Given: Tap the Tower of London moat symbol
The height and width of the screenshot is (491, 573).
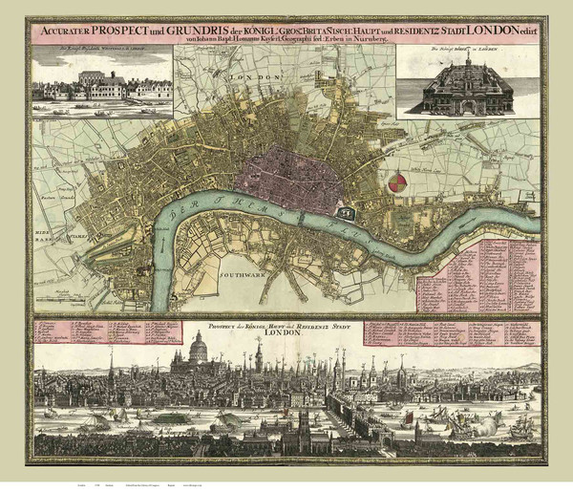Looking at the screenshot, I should tap(346, 211).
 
